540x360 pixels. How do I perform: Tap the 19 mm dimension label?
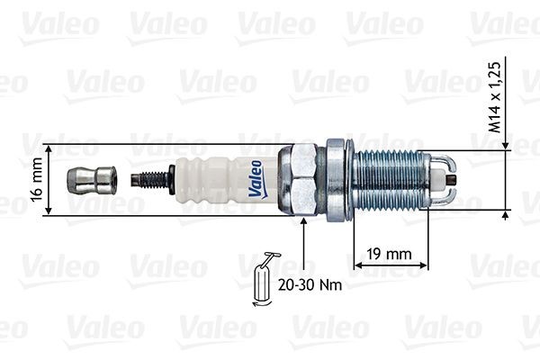coord(389,254)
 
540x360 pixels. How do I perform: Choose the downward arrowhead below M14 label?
coord(505,146)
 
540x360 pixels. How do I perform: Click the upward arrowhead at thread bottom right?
coord(505,216)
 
